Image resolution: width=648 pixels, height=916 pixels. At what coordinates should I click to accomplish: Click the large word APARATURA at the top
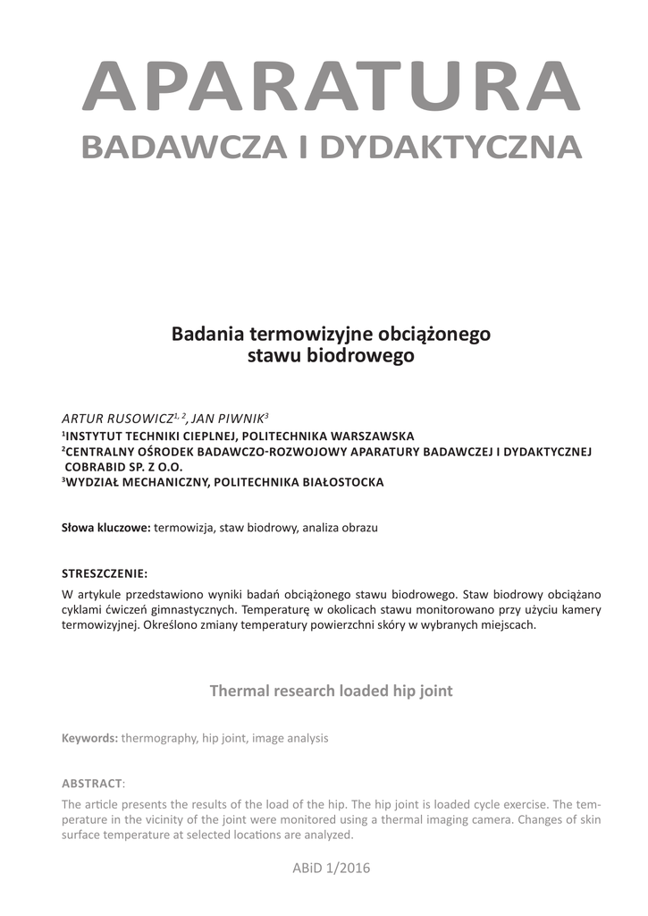tap(331, 88)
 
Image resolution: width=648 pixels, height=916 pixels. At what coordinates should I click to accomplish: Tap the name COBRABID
tap(98, 467)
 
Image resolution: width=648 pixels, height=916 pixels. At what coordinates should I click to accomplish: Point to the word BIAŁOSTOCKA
tap(339, 483)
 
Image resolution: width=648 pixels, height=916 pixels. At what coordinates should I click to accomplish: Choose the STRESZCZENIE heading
tap(104, 572)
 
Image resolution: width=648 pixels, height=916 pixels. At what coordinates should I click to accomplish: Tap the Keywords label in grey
tap(89, 739)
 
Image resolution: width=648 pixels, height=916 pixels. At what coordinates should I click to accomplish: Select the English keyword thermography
tap(159, 739)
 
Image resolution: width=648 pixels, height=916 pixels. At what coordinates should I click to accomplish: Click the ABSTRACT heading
tap(90, 783)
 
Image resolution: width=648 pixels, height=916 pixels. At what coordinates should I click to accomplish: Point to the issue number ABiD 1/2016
tap(331, 868)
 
